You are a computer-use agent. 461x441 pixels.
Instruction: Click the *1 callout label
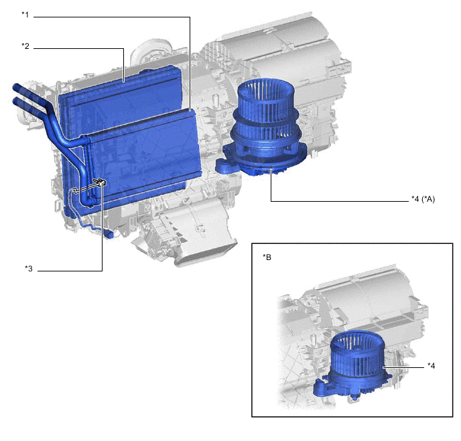25,14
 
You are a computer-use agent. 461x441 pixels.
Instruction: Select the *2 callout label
25,46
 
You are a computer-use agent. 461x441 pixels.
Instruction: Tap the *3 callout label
29,269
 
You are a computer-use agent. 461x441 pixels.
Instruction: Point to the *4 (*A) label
423,199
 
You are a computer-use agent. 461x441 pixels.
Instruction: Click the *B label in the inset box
267,257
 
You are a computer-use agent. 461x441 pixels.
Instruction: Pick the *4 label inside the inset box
431,365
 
